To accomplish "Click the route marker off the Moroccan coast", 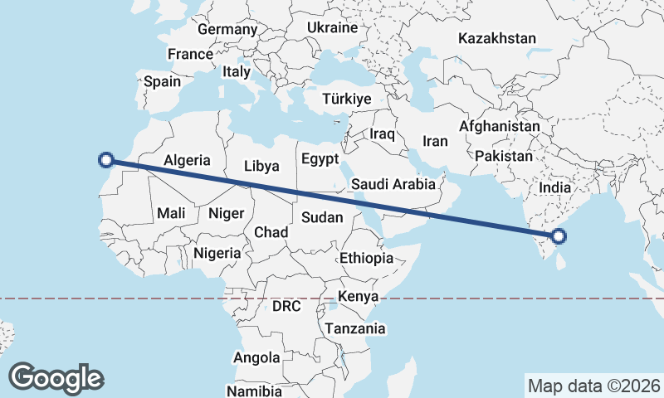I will coord(105,160).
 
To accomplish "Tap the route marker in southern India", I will coord(559,236).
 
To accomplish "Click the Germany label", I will coord(227,30).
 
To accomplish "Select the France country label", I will coord(190,55).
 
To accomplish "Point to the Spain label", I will coord(162,81).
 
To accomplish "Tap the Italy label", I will coord(237,72).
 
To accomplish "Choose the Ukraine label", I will coord(332,27).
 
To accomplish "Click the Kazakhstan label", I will coord(497,38).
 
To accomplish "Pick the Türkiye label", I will coord(346,99).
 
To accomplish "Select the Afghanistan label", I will coord(499,126).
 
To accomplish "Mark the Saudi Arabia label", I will coord(393,184).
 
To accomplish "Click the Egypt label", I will coord(320,158).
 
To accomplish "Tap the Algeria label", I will coord(187,161).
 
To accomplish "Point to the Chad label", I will coord(271,231).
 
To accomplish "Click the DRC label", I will coord(286,306).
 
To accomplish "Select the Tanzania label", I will coord(355,328).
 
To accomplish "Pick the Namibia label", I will coord(254,390).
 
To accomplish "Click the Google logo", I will coord(56,377).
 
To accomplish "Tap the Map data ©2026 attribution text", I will coord(593,386).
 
